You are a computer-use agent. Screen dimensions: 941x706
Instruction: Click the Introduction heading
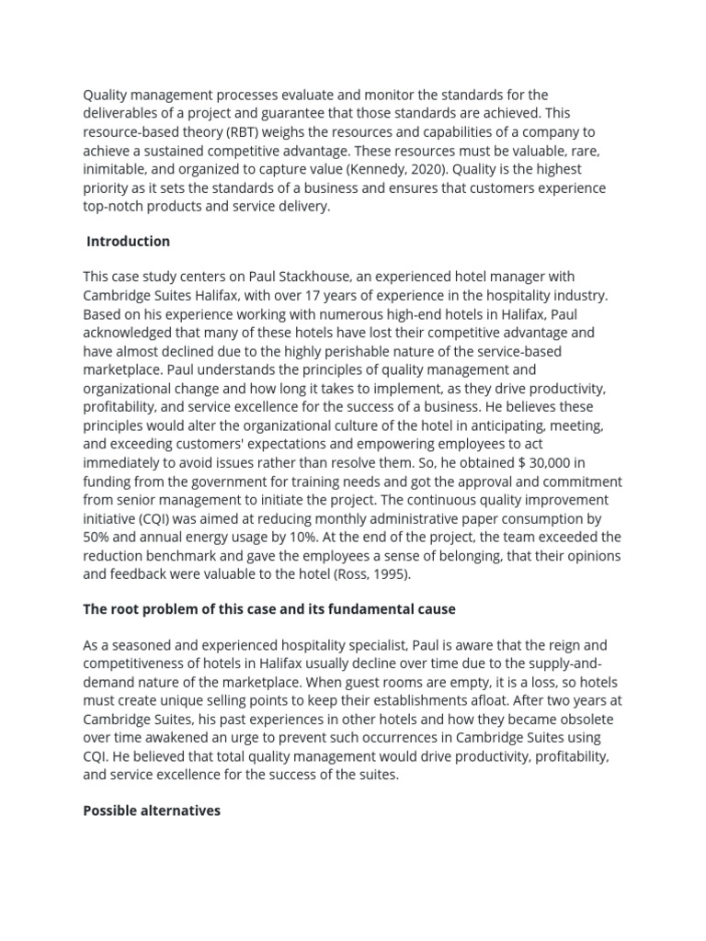pyautogui.click(x=128, y=241)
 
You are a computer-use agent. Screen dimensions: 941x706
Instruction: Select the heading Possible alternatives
pyautogui.click(x=152, y=811)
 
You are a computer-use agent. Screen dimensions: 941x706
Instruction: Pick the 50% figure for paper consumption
pyautogui.click(x=98, y=537)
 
